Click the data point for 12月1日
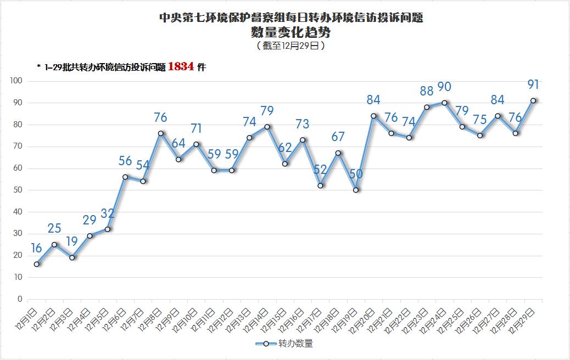(36, 264)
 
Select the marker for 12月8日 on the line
(161, 133)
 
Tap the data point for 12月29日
(533, 100)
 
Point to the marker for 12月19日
(356, 190)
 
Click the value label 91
(533, 85)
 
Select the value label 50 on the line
(356, 174)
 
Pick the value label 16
(36, 248)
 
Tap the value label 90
(444, 87)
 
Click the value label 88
(426, 91)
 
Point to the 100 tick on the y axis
(16, 81)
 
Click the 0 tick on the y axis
(20, 299)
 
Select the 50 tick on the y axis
(18, 190)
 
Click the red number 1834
(181, 66)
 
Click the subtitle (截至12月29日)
(291, 46)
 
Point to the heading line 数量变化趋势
(291, 32)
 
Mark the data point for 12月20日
(373, 116)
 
